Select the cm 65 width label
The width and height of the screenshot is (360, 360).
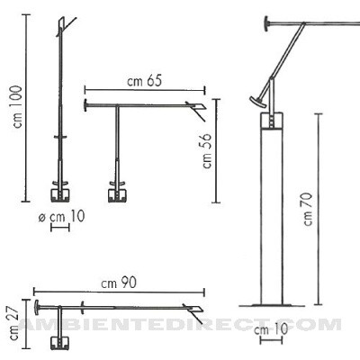[144, 81]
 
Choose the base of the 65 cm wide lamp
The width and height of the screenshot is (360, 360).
[117, 193]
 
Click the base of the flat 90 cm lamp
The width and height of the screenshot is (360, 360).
[61, 340]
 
